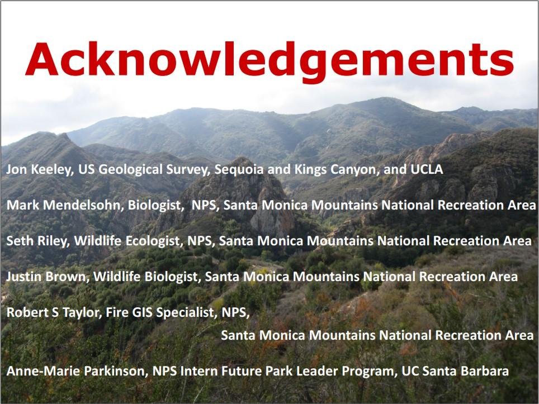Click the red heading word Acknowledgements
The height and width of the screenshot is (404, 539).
coord(269,61)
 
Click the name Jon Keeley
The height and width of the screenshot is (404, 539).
coord(38,169)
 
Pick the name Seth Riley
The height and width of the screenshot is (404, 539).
coord(36,241)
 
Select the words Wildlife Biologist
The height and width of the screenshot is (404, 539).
coord(145,277)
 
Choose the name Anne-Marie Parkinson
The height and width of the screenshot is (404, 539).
coord(75,371)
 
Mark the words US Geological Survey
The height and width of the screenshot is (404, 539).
coord(143,170)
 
